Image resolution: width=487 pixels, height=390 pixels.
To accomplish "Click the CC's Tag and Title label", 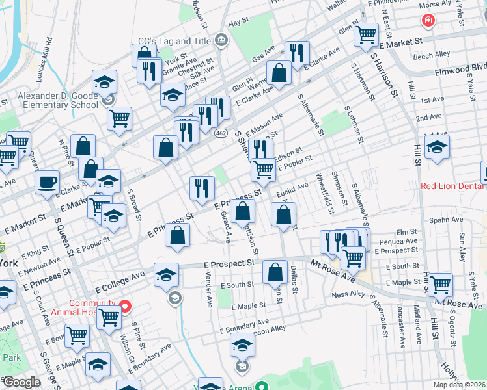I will click(x=174, y=41).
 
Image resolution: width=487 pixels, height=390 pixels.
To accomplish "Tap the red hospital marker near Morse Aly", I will click(x=428, y=21).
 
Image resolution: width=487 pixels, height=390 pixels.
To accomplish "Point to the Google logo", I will click(x=21, y=382).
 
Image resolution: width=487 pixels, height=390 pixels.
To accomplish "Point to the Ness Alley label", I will click(x=350, y=294).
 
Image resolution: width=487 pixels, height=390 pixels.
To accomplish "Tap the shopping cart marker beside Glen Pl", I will click(x=367, y=34).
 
